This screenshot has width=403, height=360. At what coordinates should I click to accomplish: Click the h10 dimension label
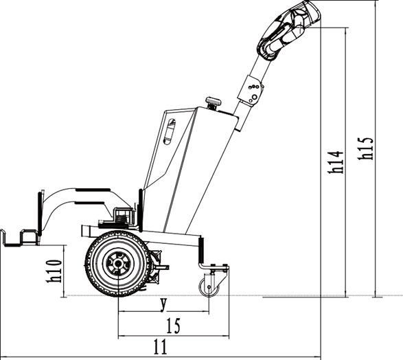[x=54, y=271]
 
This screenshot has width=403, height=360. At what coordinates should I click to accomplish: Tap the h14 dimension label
[x=336, y=162]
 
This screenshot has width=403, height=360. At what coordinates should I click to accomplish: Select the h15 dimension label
[x=365, y=148]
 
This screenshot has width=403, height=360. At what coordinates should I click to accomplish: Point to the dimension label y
[x=163, y=305]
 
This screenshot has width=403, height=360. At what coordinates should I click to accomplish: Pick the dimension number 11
[x=161, y=347]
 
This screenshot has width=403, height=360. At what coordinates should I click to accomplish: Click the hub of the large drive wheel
[x=118, y=264]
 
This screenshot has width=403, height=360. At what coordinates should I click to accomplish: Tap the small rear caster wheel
[x=209, y=287]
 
